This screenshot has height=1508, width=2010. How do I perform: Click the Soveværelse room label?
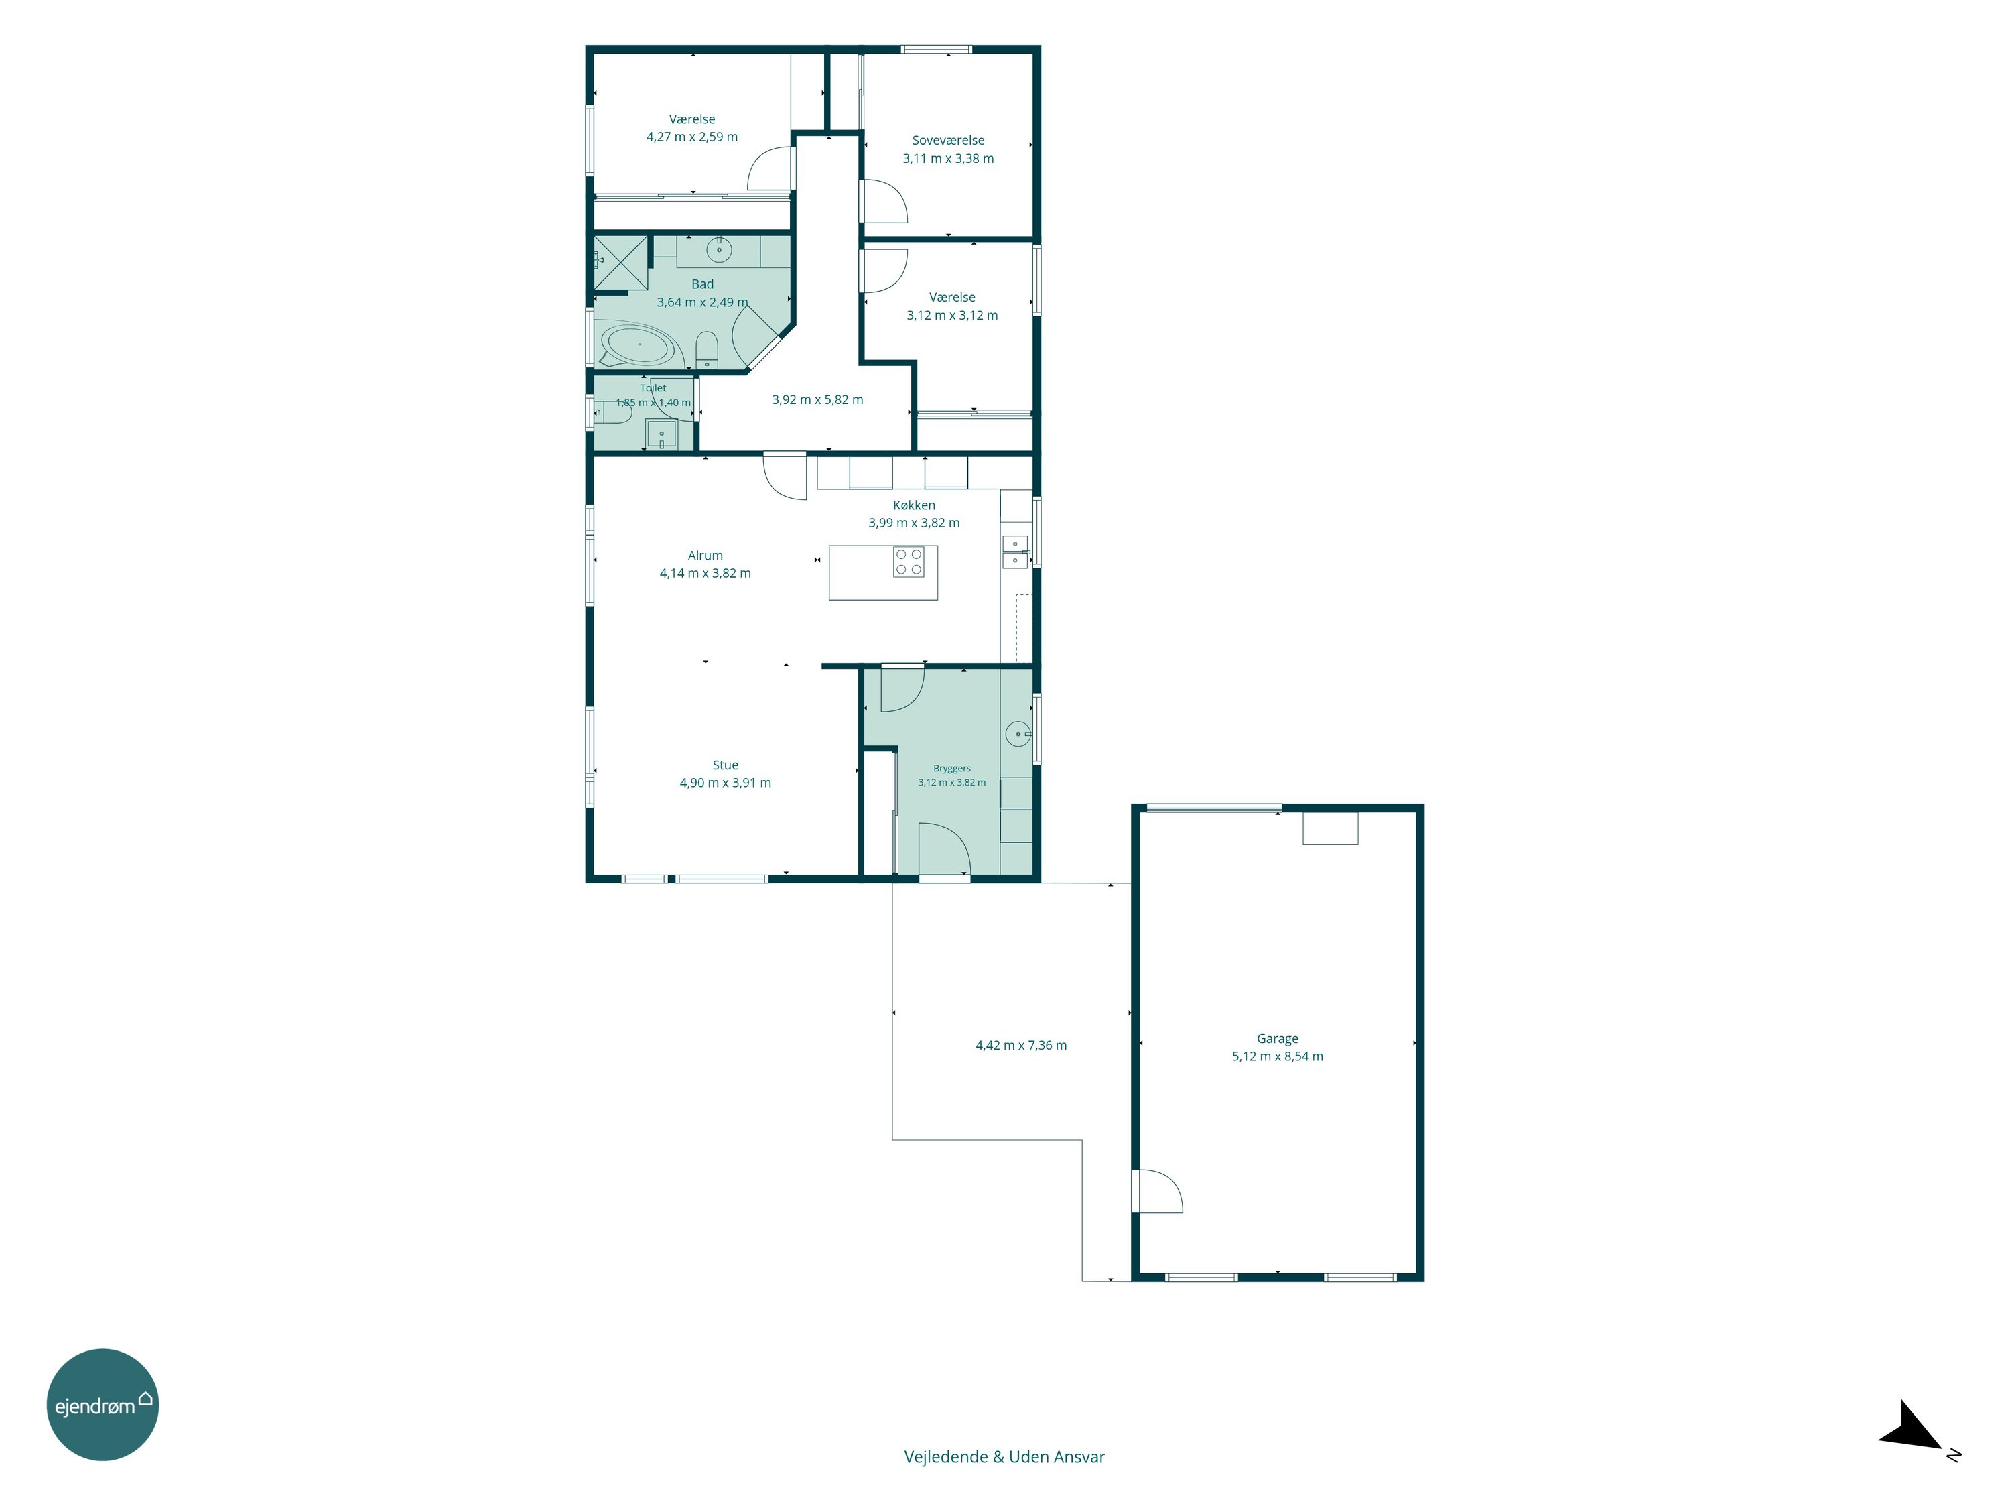point(948,141)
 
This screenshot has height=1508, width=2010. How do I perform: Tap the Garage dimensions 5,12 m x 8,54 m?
point(1277,1056)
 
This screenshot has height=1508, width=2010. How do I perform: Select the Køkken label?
point(913,505)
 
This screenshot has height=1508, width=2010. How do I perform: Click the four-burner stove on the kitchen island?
point(909,562)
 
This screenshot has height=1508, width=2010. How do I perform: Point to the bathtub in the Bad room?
point(638,345)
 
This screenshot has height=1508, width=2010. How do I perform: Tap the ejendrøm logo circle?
point(103,1404)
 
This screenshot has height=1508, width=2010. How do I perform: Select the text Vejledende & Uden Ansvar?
point(1004,1457)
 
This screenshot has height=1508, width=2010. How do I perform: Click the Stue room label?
point(725,765)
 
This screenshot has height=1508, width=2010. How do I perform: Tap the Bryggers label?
point(951,769)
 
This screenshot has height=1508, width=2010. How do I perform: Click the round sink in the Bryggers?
point(1018,733)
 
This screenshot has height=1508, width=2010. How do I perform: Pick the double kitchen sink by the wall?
point(1015,552)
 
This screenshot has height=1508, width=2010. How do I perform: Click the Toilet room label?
point(653,388)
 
